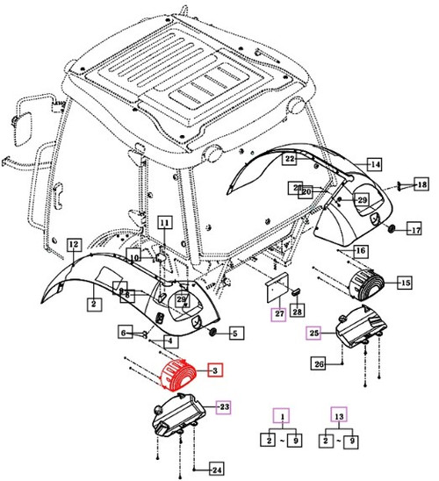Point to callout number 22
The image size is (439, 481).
click(289, 159)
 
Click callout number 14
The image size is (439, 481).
click(374, 164)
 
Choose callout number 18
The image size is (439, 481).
click(421, 184)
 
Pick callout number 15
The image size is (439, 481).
click(405, 283)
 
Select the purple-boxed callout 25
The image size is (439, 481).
click(314, 333)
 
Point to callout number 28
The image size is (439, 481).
click(297, 312)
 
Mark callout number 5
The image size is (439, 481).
click(234, 333)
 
